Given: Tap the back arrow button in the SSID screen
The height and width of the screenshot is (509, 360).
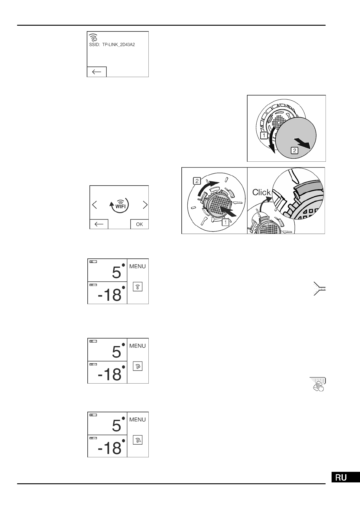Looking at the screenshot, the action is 97,72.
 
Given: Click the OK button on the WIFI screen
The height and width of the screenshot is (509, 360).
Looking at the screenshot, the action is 139,224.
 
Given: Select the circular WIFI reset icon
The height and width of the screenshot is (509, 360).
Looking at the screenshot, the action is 119,205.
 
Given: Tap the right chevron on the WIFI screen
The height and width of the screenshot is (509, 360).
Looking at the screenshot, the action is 145,205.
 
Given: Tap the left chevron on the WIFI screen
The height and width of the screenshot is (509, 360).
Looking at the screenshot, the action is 94,205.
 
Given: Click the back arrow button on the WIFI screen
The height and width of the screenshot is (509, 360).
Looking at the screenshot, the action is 99,224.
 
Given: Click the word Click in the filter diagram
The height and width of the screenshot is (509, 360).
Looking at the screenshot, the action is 261,192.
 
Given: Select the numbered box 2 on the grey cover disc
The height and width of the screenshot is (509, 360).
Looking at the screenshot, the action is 294,150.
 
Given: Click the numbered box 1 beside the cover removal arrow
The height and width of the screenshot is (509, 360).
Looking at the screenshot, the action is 264,136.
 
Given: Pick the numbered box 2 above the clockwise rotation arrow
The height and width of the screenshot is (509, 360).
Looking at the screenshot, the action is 197,181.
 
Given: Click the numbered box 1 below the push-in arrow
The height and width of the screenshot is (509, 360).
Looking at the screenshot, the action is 225,223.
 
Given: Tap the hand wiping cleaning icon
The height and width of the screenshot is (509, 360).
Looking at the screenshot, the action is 318,384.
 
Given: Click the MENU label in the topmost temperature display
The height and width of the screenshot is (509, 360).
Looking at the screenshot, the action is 138,266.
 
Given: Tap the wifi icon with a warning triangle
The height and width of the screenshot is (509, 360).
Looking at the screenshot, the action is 138,440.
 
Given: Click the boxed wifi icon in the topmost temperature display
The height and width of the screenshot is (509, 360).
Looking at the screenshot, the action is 138,287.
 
